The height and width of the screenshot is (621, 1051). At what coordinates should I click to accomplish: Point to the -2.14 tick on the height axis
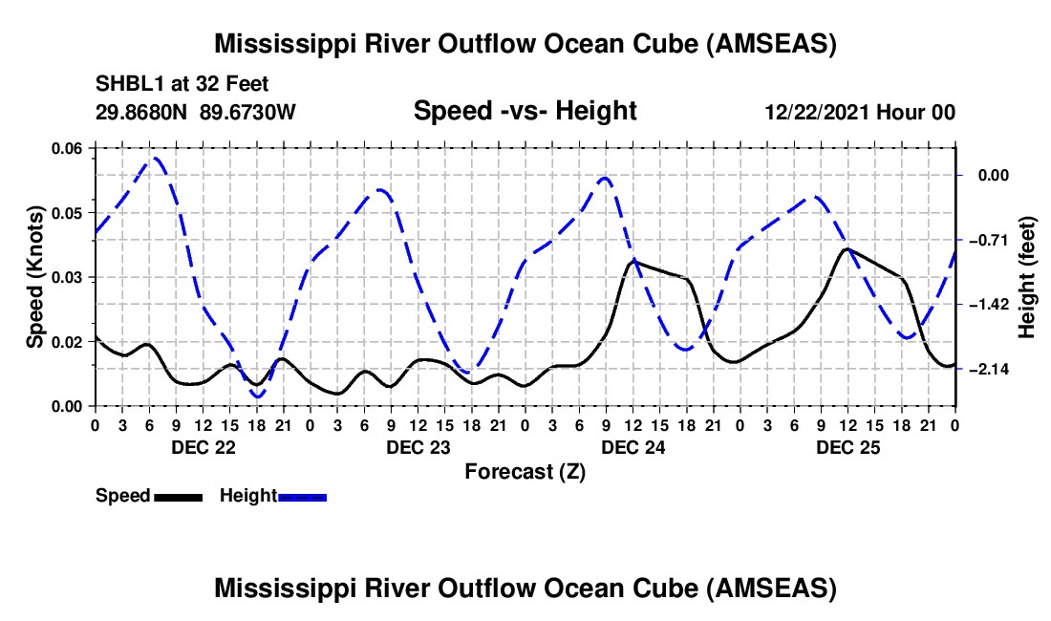989,369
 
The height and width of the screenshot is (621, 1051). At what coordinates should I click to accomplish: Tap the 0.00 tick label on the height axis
994,176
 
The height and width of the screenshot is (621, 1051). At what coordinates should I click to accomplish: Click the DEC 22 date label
204,447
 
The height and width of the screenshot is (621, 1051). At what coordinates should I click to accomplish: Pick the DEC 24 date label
633,447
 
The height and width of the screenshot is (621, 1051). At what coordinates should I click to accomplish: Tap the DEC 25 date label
847,447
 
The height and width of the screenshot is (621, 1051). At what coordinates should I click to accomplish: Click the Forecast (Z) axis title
525,472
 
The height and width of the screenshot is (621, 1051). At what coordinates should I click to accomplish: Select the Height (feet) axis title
1026,277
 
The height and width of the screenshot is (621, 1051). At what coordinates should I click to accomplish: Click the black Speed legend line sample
179,498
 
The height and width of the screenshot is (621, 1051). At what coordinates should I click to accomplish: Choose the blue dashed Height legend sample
302,498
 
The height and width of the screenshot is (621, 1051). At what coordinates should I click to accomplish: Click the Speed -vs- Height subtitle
525,111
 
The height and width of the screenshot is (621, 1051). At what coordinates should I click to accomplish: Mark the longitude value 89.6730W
247,112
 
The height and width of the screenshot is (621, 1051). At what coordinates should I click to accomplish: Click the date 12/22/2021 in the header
817,112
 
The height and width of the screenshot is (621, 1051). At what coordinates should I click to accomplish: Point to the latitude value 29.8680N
140,112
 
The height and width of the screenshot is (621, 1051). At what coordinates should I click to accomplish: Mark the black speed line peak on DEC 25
847,248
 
